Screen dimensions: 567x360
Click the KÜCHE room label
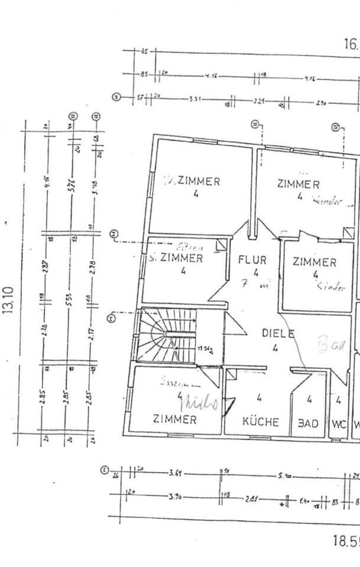pyautogui.click(x=261, y=422)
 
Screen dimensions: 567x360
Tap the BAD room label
pyautogui.click(x=308, y=423)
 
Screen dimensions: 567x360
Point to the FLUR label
pyautogui.click(x=252, y=259)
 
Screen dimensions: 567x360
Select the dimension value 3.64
pyautogui.click(x=175, y=472)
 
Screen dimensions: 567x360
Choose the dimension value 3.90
pyautogui.click(x=175, y=497)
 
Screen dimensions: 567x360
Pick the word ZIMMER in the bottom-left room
pyautogui.click(x=175, y=419)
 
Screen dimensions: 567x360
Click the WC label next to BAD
pyautogui.click(x=338, y=423)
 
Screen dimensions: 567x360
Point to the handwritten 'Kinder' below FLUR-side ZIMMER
pyautogui.click(x=330, y=288)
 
